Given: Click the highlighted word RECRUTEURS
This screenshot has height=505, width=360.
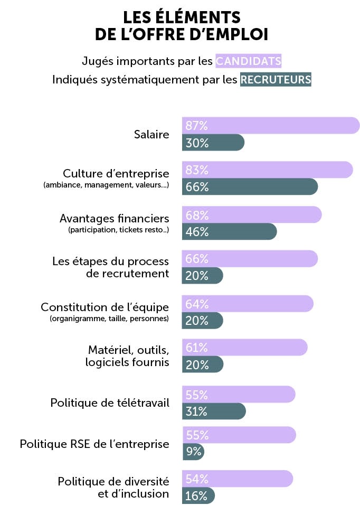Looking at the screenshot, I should [x=275, y=80].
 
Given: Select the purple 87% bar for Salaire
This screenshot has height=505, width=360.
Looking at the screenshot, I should [x=270, y=126].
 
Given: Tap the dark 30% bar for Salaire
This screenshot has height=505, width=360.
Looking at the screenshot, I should [x=213, y=143].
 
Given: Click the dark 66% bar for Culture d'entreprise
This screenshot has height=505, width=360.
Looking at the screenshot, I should [x=250, y=187].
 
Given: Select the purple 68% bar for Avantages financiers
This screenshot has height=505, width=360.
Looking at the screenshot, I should [x=252, y=215].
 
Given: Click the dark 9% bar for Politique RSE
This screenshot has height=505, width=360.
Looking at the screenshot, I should [x=193, y=452].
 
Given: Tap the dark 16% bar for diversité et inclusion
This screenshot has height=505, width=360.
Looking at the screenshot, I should [x=198, y=495].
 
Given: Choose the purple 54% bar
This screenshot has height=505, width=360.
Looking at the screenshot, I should [x=237, y=479].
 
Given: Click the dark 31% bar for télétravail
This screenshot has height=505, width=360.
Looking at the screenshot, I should [x=214, y=412].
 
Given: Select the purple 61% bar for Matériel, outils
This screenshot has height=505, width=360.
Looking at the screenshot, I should [x=244, y=348].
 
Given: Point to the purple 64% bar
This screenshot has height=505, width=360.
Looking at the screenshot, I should [x=248, y=304].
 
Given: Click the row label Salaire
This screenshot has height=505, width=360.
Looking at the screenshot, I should [x=151, y=135].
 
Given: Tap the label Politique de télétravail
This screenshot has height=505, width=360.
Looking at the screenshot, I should [x=110, y=403].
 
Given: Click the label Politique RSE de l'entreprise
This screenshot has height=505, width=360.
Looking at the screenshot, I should [x=94, y=444].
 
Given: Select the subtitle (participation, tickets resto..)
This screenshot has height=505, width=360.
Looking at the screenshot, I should [x=118, y=230].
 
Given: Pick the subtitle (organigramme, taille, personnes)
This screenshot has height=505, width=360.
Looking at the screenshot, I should [x=109, y=319].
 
